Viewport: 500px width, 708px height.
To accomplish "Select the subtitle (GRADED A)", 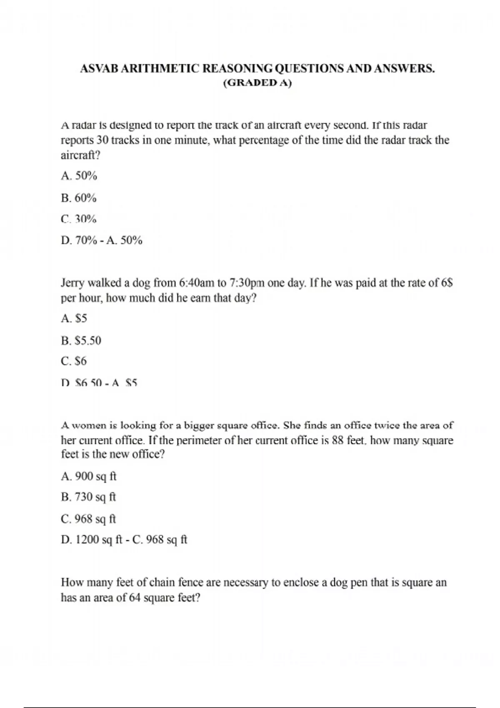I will coord(257,83).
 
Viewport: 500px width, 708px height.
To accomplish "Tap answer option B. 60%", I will coord(79,198).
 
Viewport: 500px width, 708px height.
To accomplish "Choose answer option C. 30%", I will coord(79,219).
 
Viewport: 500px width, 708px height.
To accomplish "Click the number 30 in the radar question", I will coord(102,140).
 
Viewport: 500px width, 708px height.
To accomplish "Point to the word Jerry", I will coord(73,283).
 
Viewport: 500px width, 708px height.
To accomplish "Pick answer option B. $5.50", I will coord(81,341).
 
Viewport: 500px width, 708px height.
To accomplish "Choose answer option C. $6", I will coord(74,361).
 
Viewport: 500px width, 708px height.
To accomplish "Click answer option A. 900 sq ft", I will coord(89,476).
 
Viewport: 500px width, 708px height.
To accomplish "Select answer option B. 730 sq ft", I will coord(88,497).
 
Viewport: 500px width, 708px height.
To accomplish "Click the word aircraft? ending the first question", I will coord(81,155).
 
